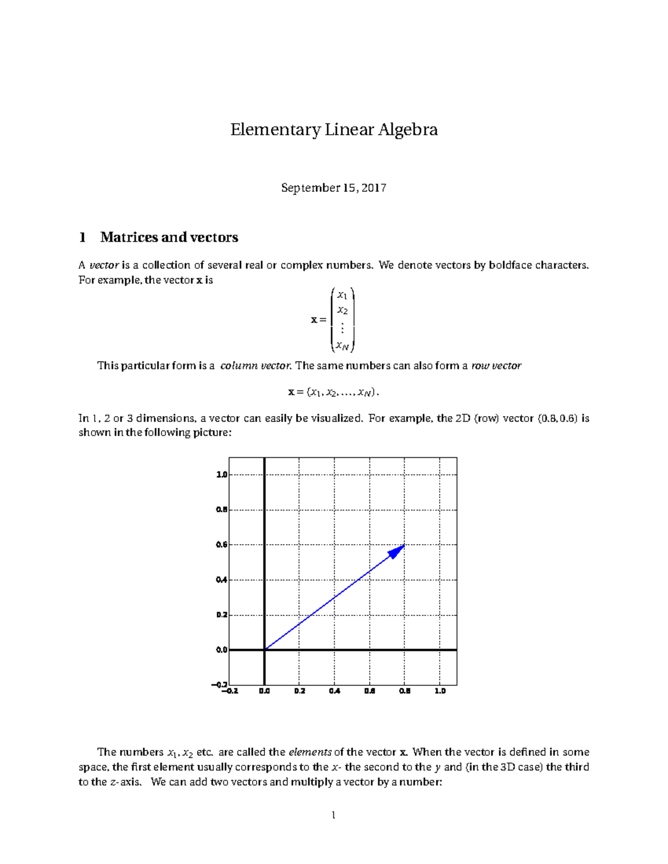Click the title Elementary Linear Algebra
pyautogui.click(x=334, y=130)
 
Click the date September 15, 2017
pyautogui.click(x=333, y=188)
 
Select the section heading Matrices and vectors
pyautogui.click(x=169, y=238)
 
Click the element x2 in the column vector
pyautogui.click(x=342, y=310)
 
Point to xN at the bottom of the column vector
pyautogui.click(x=342, y=347)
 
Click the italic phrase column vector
pyautogui.click(x=256, y=366)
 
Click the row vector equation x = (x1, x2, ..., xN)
pyautogui.click(x=333, y=392)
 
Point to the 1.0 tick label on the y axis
pyautogui.click(x=221, y=475)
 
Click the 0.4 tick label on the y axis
pyautogui.click(x=221, y=580)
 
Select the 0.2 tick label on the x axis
pyautogui.click(x=299, y=691)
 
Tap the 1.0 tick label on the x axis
pyautogui.click(x=440, y=691)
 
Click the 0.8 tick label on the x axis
pyautogui.click(x=405, y=691)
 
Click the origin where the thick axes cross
pyautogui.click(x=264, y=650)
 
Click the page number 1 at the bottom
pyautogui.click(x=333, y=816)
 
